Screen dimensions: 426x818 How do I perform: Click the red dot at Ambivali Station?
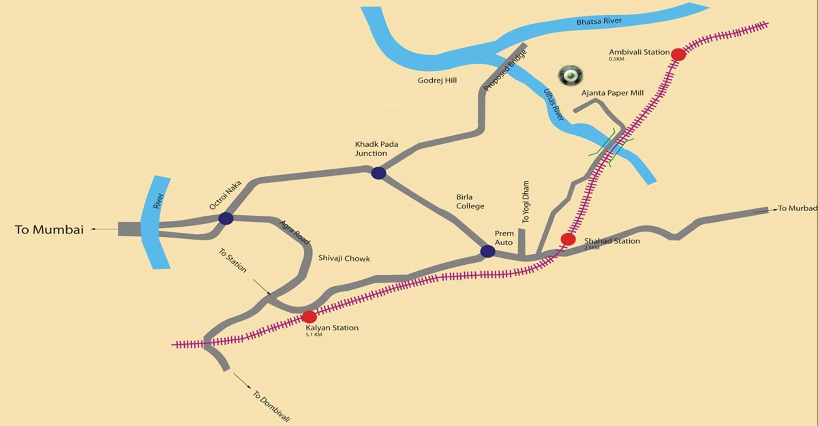(678, 55)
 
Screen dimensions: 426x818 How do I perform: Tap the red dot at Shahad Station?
(568, 239)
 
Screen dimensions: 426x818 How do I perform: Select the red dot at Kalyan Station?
(309, 317)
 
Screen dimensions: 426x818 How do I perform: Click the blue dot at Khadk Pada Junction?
(379, 173)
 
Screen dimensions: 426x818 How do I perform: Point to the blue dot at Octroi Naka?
(226, 219)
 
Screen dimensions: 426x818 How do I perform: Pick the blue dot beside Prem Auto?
(488, 251)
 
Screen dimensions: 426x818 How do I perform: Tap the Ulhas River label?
(554, 105)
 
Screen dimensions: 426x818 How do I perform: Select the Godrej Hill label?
(437, 80)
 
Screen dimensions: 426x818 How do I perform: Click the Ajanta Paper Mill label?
(612, 93)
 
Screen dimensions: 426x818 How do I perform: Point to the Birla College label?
(470, 202)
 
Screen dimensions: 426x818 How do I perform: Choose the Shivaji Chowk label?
(344, 258)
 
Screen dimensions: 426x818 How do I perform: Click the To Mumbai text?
(49, 230)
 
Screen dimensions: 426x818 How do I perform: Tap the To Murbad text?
(797, 209)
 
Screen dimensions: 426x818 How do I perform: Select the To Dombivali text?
(271, 406)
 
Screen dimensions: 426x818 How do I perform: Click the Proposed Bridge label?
(505, 70)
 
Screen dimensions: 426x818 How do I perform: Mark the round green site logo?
(570, 76)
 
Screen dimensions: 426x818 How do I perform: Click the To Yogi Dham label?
(526, 202)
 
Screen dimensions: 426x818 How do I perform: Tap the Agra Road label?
(294, 232)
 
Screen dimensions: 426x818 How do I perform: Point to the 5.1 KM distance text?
(314, 335)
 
